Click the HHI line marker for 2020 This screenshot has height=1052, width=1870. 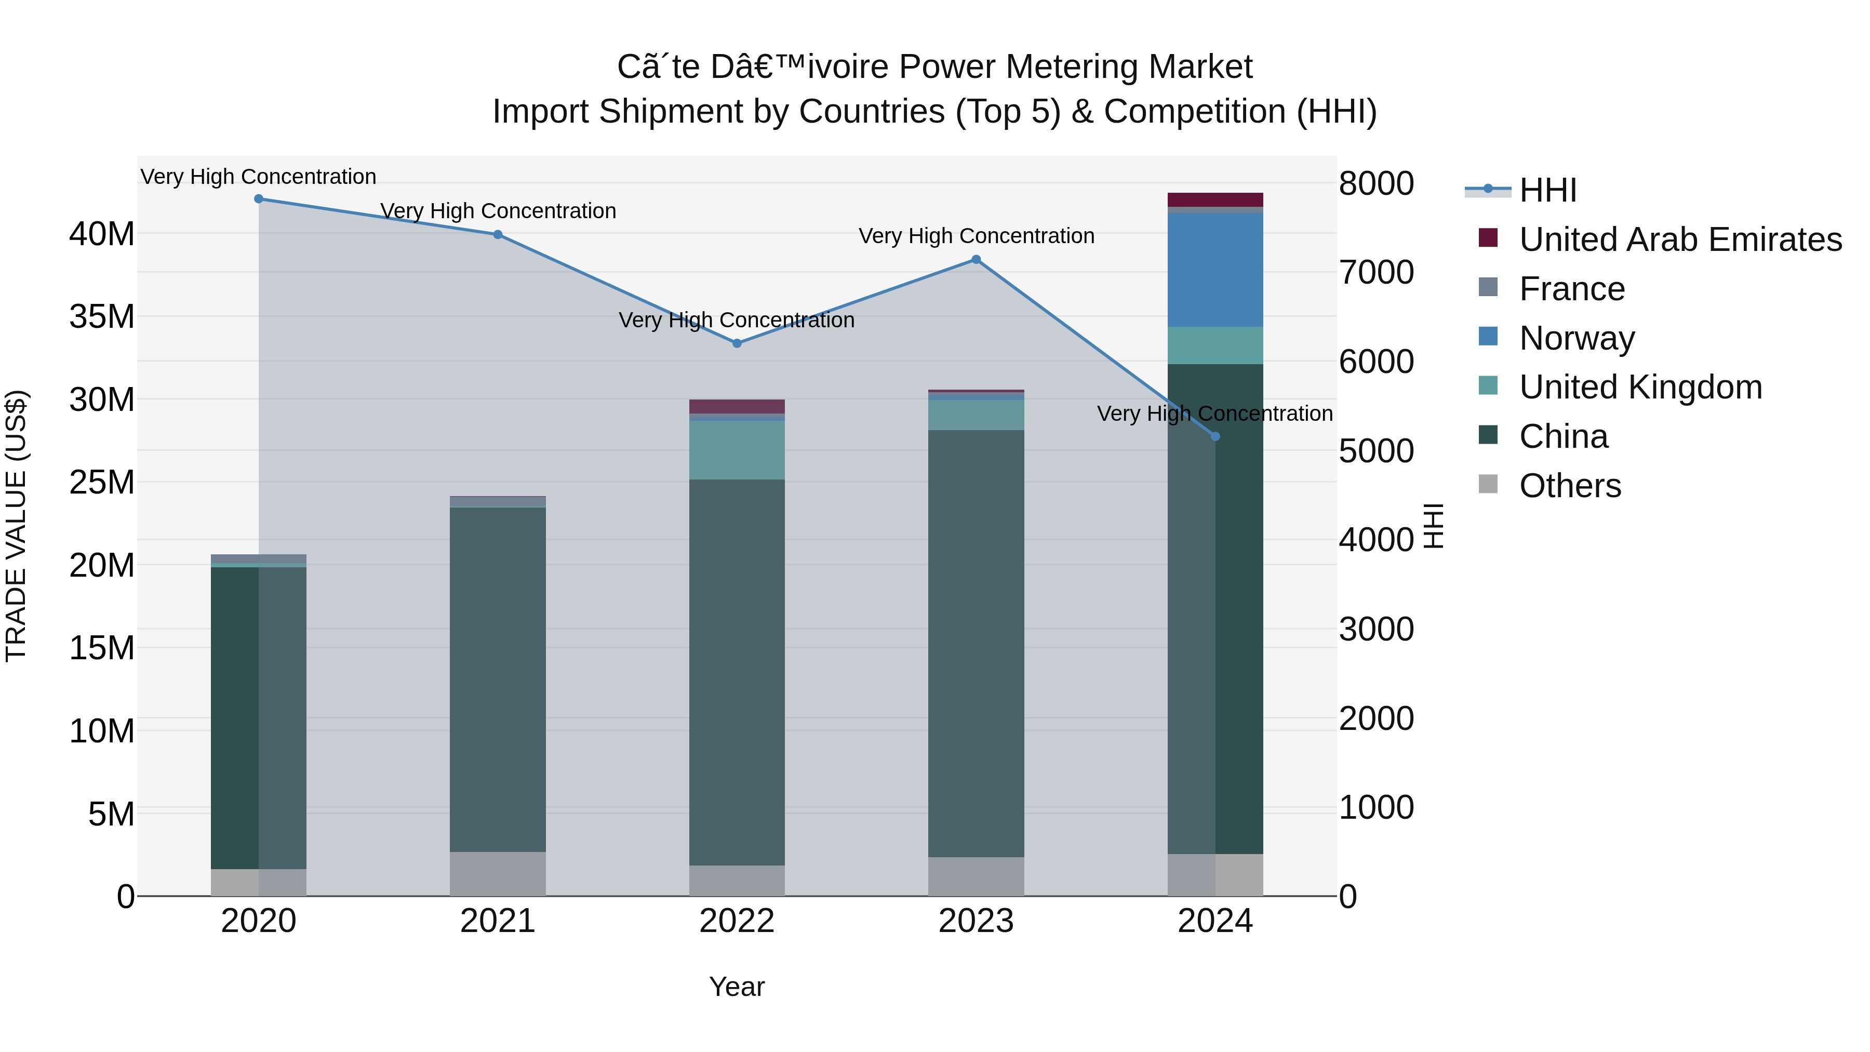click(x=259, y=199)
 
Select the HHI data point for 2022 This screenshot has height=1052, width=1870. click(x=737, y=343)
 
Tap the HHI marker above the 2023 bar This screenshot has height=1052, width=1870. click(x=977, y=260)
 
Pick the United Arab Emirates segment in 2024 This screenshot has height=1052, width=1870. click(x=1215, y=199)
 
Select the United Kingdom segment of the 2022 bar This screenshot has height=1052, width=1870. click(x=737, y=450)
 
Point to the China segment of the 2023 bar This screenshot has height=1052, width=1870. click(x=977, y=643)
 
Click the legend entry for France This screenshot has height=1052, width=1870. click(x=1572, y=289)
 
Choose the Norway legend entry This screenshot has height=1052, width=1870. click(x=1576, y=338)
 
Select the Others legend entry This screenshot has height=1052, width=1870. click(x=1569, y=486)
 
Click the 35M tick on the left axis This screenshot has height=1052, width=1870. click(x=102, y=316)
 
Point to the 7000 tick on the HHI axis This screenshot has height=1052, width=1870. click(x=1377, y=272)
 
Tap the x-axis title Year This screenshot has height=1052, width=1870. click(x=736, y=987)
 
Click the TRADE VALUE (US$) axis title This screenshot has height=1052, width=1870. click(x=16, y=526)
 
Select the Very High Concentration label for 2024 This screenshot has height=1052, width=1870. click(x=1214, y=414)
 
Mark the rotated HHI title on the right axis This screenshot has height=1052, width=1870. click(x=1433, y=526)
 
